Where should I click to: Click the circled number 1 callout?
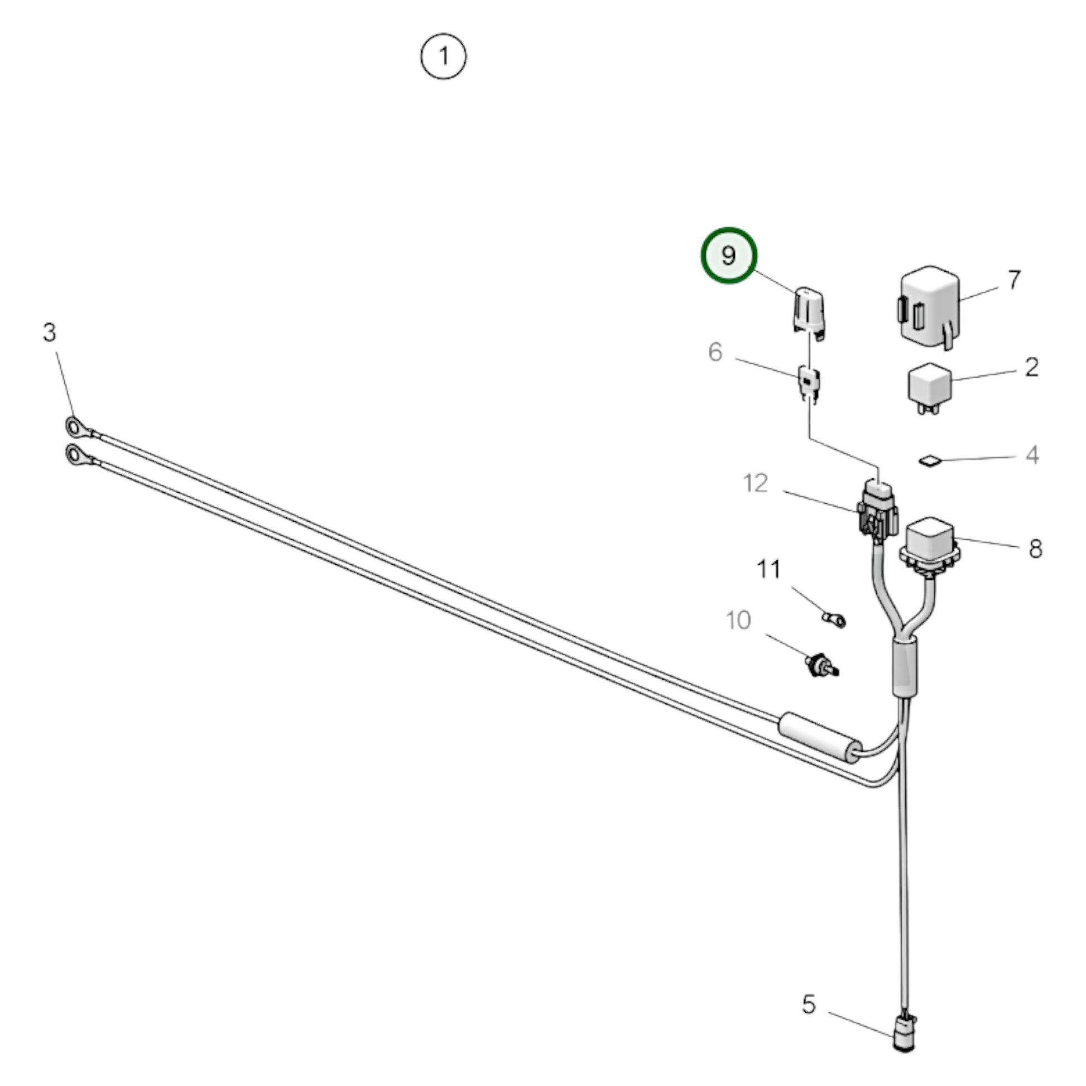[x=444, y=56]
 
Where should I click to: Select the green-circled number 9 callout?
[x=728, y=255]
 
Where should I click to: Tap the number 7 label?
[x=1013, y=280]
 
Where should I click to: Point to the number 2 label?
[x=1031, y=368]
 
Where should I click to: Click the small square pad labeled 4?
[x=930, y=461]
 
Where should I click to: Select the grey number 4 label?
[x=1032, y=455]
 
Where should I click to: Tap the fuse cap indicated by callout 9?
[x=809, y=314]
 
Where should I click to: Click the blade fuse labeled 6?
[x=809, y=385]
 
